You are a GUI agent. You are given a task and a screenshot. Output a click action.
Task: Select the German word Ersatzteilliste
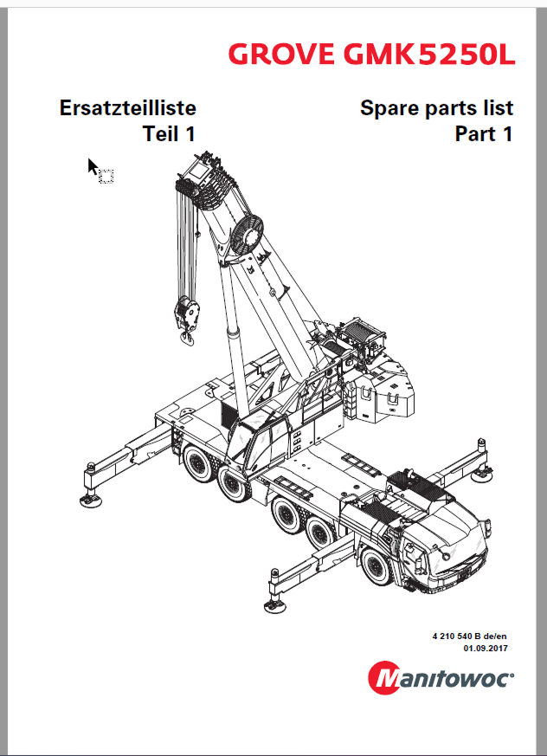pyautogui.click(x=127, y=108)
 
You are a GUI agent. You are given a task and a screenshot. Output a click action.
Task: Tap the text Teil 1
pyautogui.click(x=169, y=134)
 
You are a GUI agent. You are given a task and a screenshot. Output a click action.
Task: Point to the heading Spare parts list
pyautogui.click(x=436, y=108)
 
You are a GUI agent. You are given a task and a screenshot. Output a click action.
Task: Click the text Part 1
pyautogui.click(x=483, y=134)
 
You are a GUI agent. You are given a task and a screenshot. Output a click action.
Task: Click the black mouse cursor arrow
pyautogui.click(x=93, y=165)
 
